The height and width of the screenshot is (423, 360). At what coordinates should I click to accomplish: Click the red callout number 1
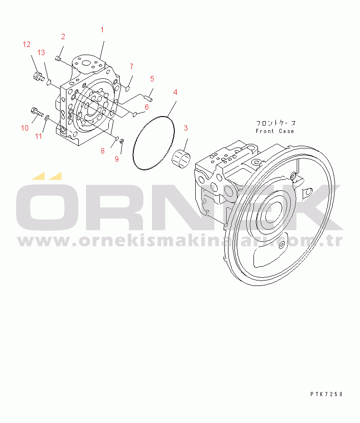pyautogui.click(x=102, y=30)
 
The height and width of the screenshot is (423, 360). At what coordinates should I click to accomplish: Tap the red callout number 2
pyautogui.click(x=63, y=36)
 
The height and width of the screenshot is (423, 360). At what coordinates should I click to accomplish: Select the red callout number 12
pyautogui.click(x=26, y=44)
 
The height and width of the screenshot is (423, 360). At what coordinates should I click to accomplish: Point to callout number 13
pyautogui.click(x=41, y=52)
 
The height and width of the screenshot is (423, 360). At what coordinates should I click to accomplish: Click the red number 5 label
pyautogui.click(x=152, y=79)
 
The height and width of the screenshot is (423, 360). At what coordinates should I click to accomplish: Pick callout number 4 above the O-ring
pyautogui.click(x=175, y=92)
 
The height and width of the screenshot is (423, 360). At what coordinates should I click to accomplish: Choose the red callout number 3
pyautogui.click(x=186, y=128)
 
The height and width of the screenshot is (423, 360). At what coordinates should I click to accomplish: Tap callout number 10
pyautogui.click(x=25, y=128)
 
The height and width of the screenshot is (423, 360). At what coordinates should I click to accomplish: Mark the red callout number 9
pyautogui.click(x=117, y=159)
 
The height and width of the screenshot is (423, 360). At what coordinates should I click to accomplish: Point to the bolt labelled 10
pyautogui.click(x=37, y=111)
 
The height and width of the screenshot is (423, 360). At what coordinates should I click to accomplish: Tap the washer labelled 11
pyautogui.click(x=47, y=117)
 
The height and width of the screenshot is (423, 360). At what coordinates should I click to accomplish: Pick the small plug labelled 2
pyautogui.click(x=57, y=58)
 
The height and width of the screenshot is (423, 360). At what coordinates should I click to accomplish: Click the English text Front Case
pyautogui.click(x=275, y=131)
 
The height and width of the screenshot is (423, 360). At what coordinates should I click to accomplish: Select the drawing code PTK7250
pyautogui.click(x=326, y=394)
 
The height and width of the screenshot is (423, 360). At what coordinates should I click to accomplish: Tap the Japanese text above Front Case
pyautogui.click(x=276, y=123)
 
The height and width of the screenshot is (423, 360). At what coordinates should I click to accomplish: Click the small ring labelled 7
pyautogui.click(x=128, y=88)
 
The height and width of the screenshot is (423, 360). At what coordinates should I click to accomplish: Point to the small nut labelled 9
pyautogui.click(x=122, y=141)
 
